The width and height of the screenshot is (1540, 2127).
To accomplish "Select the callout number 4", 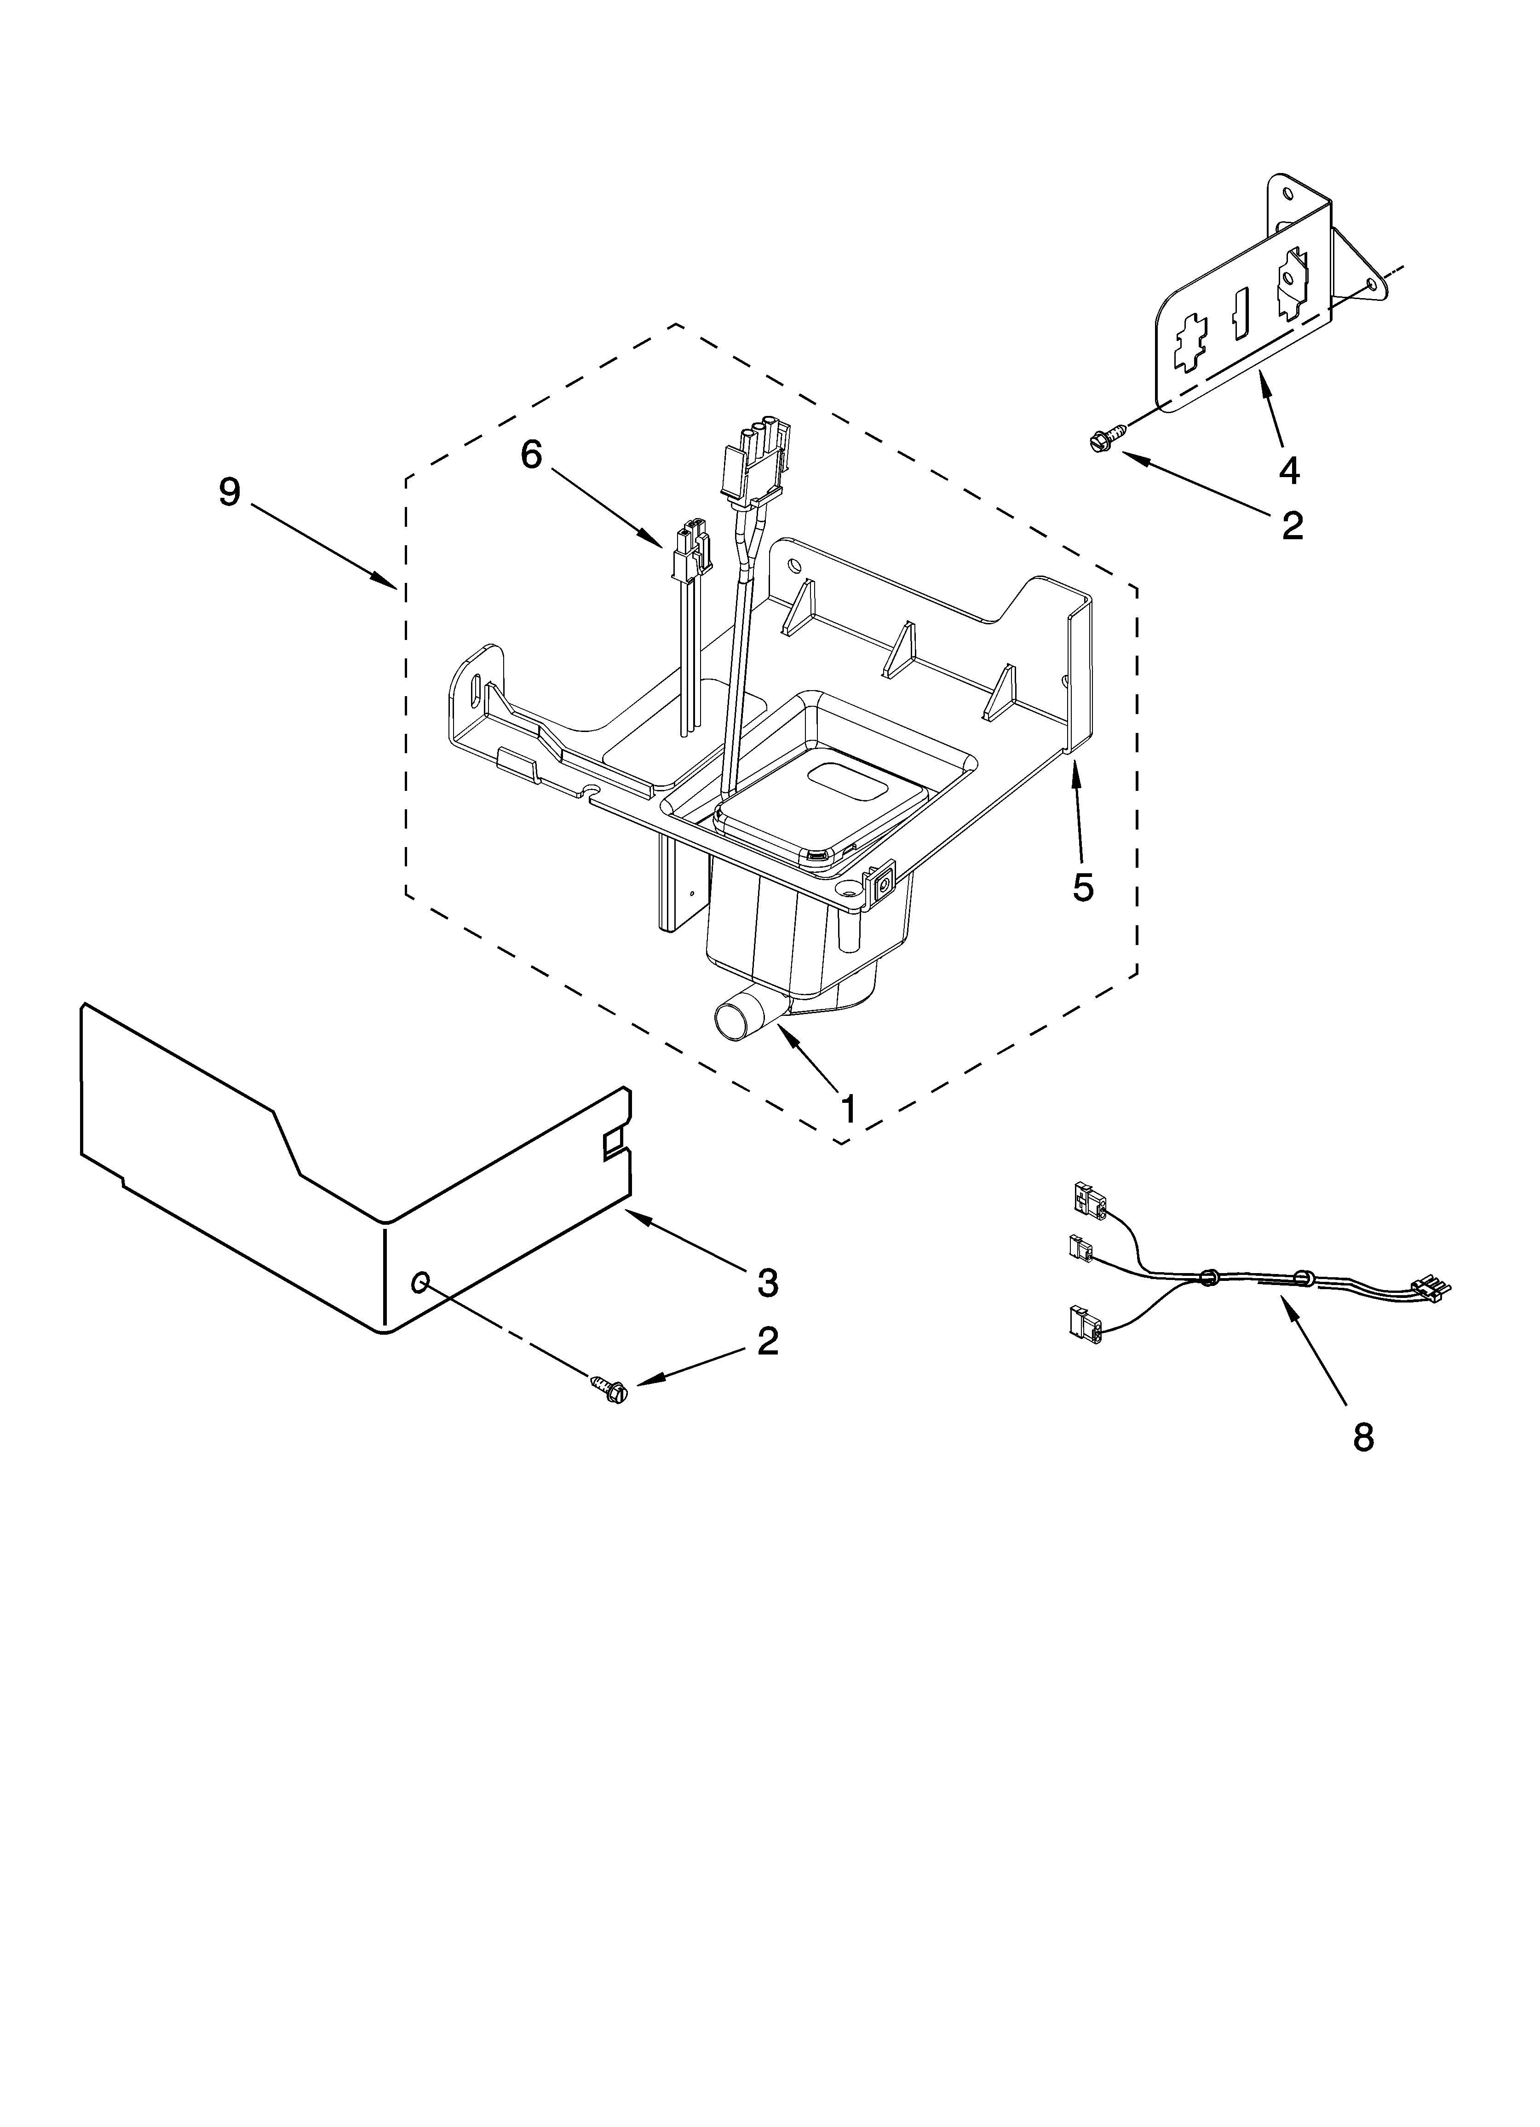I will [1290, 470].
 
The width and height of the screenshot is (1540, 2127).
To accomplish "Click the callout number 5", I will [1083, 886].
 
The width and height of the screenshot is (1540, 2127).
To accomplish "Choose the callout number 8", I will [1363, 1437].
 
